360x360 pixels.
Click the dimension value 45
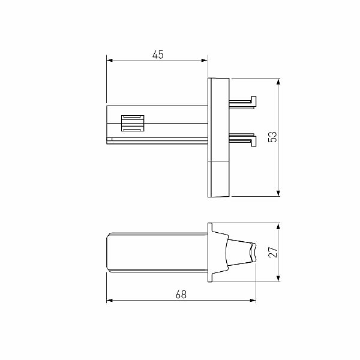coord(158,55)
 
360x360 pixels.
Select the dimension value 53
coord(272,137)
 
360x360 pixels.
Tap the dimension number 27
coord(272,253)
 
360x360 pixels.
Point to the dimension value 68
coord(181,295)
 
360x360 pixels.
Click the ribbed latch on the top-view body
coord(133,122)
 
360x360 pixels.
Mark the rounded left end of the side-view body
coord(109,252)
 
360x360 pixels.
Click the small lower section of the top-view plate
coord(218,178)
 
